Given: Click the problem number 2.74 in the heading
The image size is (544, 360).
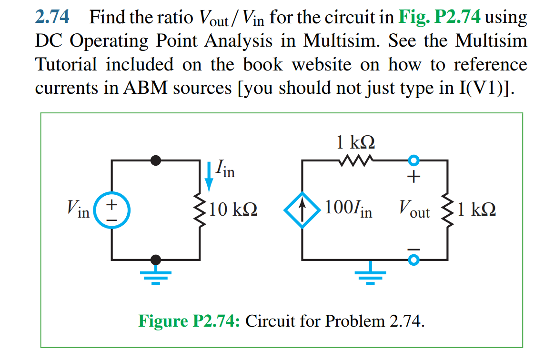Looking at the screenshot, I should (x=52, y=18).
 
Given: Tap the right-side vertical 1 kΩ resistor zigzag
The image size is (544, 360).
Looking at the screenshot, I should (x=447, y=210).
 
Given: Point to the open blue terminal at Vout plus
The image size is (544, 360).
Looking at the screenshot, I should (x=414, y=160).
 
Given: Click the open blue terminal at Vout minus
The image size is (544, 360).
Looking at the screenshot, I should (x=414, y=260).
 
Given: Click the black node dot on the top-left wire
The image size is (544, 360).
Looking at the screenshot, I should (x=155, y=160).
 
